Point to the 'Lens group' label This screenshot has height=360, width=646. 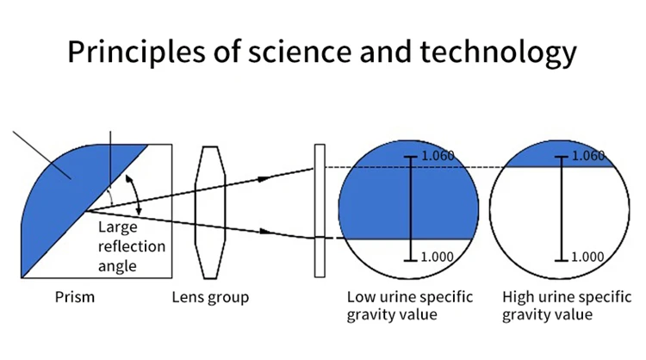click(210, 297)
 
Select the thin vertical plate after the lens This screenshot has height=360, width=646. click(320, 211)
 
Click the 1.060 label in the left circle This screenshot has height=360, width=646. click(438, 156)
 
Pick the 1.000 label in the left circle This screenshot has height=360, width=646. click(438, 257)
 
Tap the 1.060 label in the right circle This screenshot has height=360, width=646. click(587, 156)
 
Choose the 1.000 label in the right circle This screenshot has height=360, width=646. click(587, 257)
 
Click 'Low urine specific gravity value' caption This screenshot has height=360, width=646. click(410, 306)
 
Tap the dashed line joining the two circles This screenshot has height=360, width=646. click(489, 166)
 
